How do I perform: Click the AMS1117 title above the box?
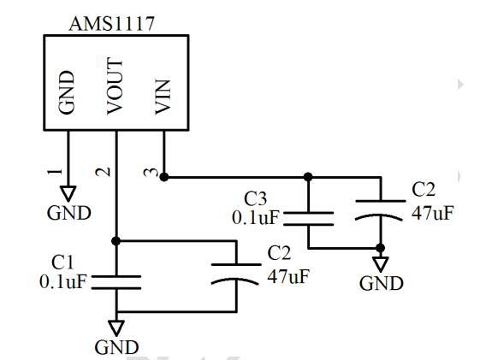(112, 24)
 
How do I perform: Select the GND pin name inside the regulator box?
(67, 92)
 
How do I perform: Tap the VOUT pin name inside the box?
(115, 86)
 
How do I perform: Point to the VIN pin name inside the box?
(163, 97)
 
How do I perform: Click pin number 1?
(56, 172)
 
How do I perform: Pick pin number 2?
(104, 172)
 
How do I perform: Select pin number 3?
(151, 173)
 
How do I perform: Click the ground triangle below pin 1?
(68, 193)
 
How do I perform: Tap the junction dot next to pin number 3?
(164, 177)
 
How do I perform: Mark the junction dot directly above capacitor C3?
(308, 177)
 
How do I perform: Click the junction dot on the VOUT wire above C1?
(116, 241)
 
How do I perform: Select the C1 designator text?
(62, 263)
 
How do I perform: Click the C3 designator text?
(255, 198)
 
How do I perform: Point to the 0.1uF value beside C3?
(256, 218)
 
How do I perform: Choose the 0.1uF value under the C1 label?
(63, 281)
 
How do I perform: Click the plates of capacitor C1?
(116, 282)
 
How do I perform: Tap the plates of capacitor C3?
(309, 219)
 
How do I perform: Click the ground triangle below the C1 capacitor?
(116, 328)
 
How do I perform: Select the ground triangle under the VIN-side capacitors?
(381, 264)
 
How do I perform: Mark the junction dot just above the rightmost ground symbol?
(381, 248)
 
